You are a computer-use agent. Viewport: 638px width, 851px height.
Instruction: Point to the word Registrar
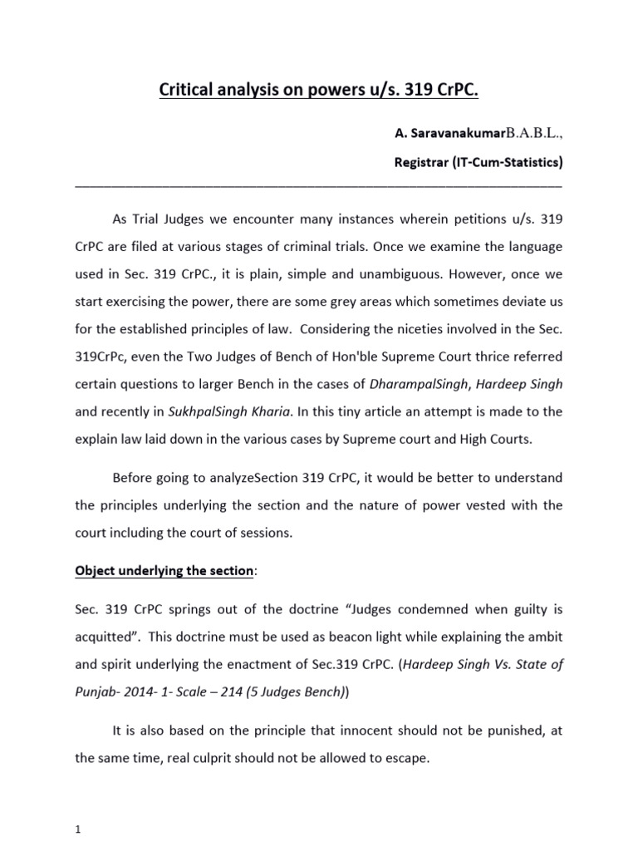421,162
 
